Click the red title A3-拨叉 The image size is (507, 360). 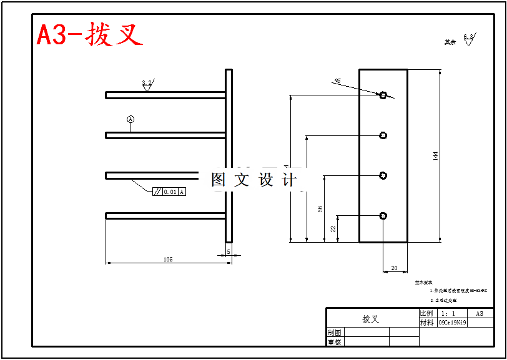pyautogui.click(x=90, y=35)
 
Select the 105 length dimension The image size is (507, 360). pyautogui.click(x=168, y=258)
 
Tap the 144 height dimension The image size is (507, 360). pyautogui.click(x=435, y=155)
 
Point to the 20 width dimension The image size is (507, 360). pyautogui.click(x=394, y=268)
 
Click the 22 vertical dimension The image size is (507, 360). pyautogui.click(x=333, y=229)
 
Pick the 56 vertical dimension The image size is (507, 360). pyautogui.click(x=320, y=209)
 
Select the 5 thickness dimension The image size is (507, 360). pyautogui.click(x=229, y=251)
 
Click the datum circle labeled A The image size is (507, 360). pyautogui.click(x=130, y=119)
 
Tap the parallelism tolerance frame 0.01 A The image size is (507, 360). pyautogui.click(x=169, y=192)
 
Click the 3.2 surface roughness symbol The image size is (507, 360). pyautogui.click(x=147, y=84)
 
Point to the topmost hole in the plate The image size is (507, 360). pyautogui.click(x=383, y=95)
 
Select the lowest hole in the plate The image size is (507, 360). pyautogui.click(x=383, y=216)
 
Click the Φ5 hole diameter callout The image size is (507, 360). pyautogui.click(x=338, y=81)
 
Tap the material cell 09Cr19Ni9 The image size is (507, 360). pyautogui.click(x=452, y=323)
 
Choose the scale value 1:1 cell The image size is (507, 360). pyautogui.click(x=448, y=313)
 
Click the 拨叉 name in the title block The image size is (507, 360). pyautogui.click(x=371, y=319)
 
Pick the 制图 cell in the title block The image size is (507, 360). pyautogui.click(x=335, y=333)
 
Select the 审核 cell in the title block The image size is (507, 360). pyautogui.click(x=335, y=342)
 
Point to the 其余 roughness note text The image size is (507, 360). pyautogui.click(x=450, y=42)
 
